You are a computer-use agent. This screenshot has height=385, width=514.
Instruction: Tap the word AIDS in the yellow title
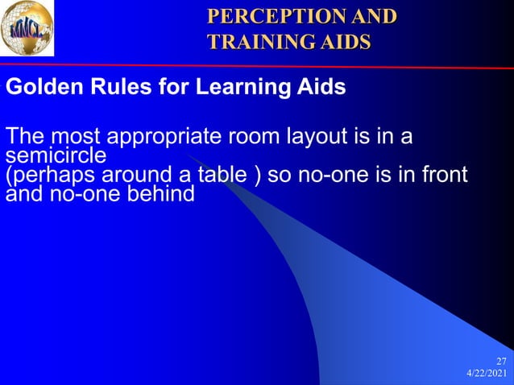pos(346,40)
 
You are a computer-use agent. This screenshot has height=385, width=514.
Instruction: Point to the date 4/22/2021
pos(487,375)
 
